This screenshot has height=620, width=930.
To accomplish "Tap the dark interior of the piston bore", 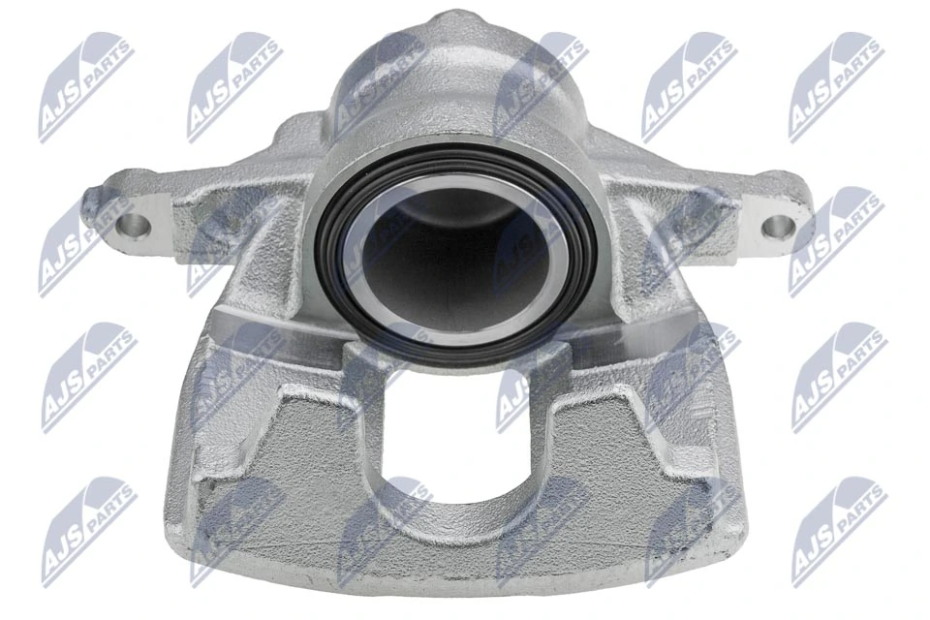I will coord(455,257).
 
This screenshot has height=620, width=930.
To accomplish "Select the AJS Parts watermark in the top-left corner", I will coord(85,87).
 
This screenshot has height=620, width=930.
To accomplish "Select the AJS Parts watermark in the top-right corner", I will coord(835,87).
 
